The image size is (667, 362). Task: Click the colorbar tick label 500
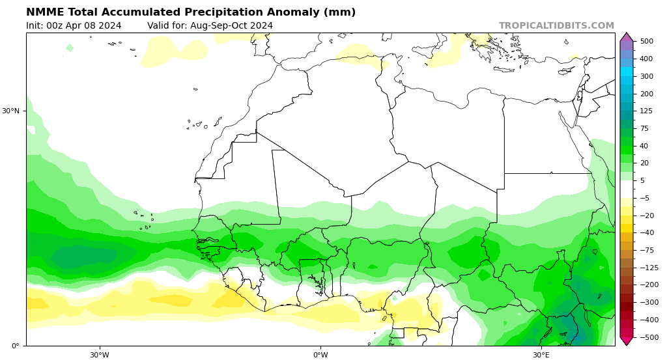646,41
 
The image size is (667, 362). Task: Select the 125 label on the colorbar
646,111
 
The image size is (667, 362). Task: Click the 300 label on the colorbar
646,76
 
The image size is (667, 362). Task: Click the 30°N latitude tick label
11,111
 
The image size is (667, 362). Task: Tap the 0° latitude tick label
15,346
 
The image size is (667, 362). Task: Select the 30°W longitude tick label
100,355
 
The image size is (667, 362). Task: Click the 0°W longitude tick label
320,355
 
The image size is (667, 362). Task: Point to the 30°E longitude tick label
541,355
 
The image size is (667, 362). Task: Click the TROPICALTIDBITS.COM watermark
556,26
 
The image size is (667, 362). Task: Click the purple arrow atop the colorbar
627,37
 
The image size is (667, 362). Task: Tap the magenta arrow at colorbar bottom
627,341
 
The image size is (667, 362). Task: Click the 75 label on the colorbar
644,128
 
